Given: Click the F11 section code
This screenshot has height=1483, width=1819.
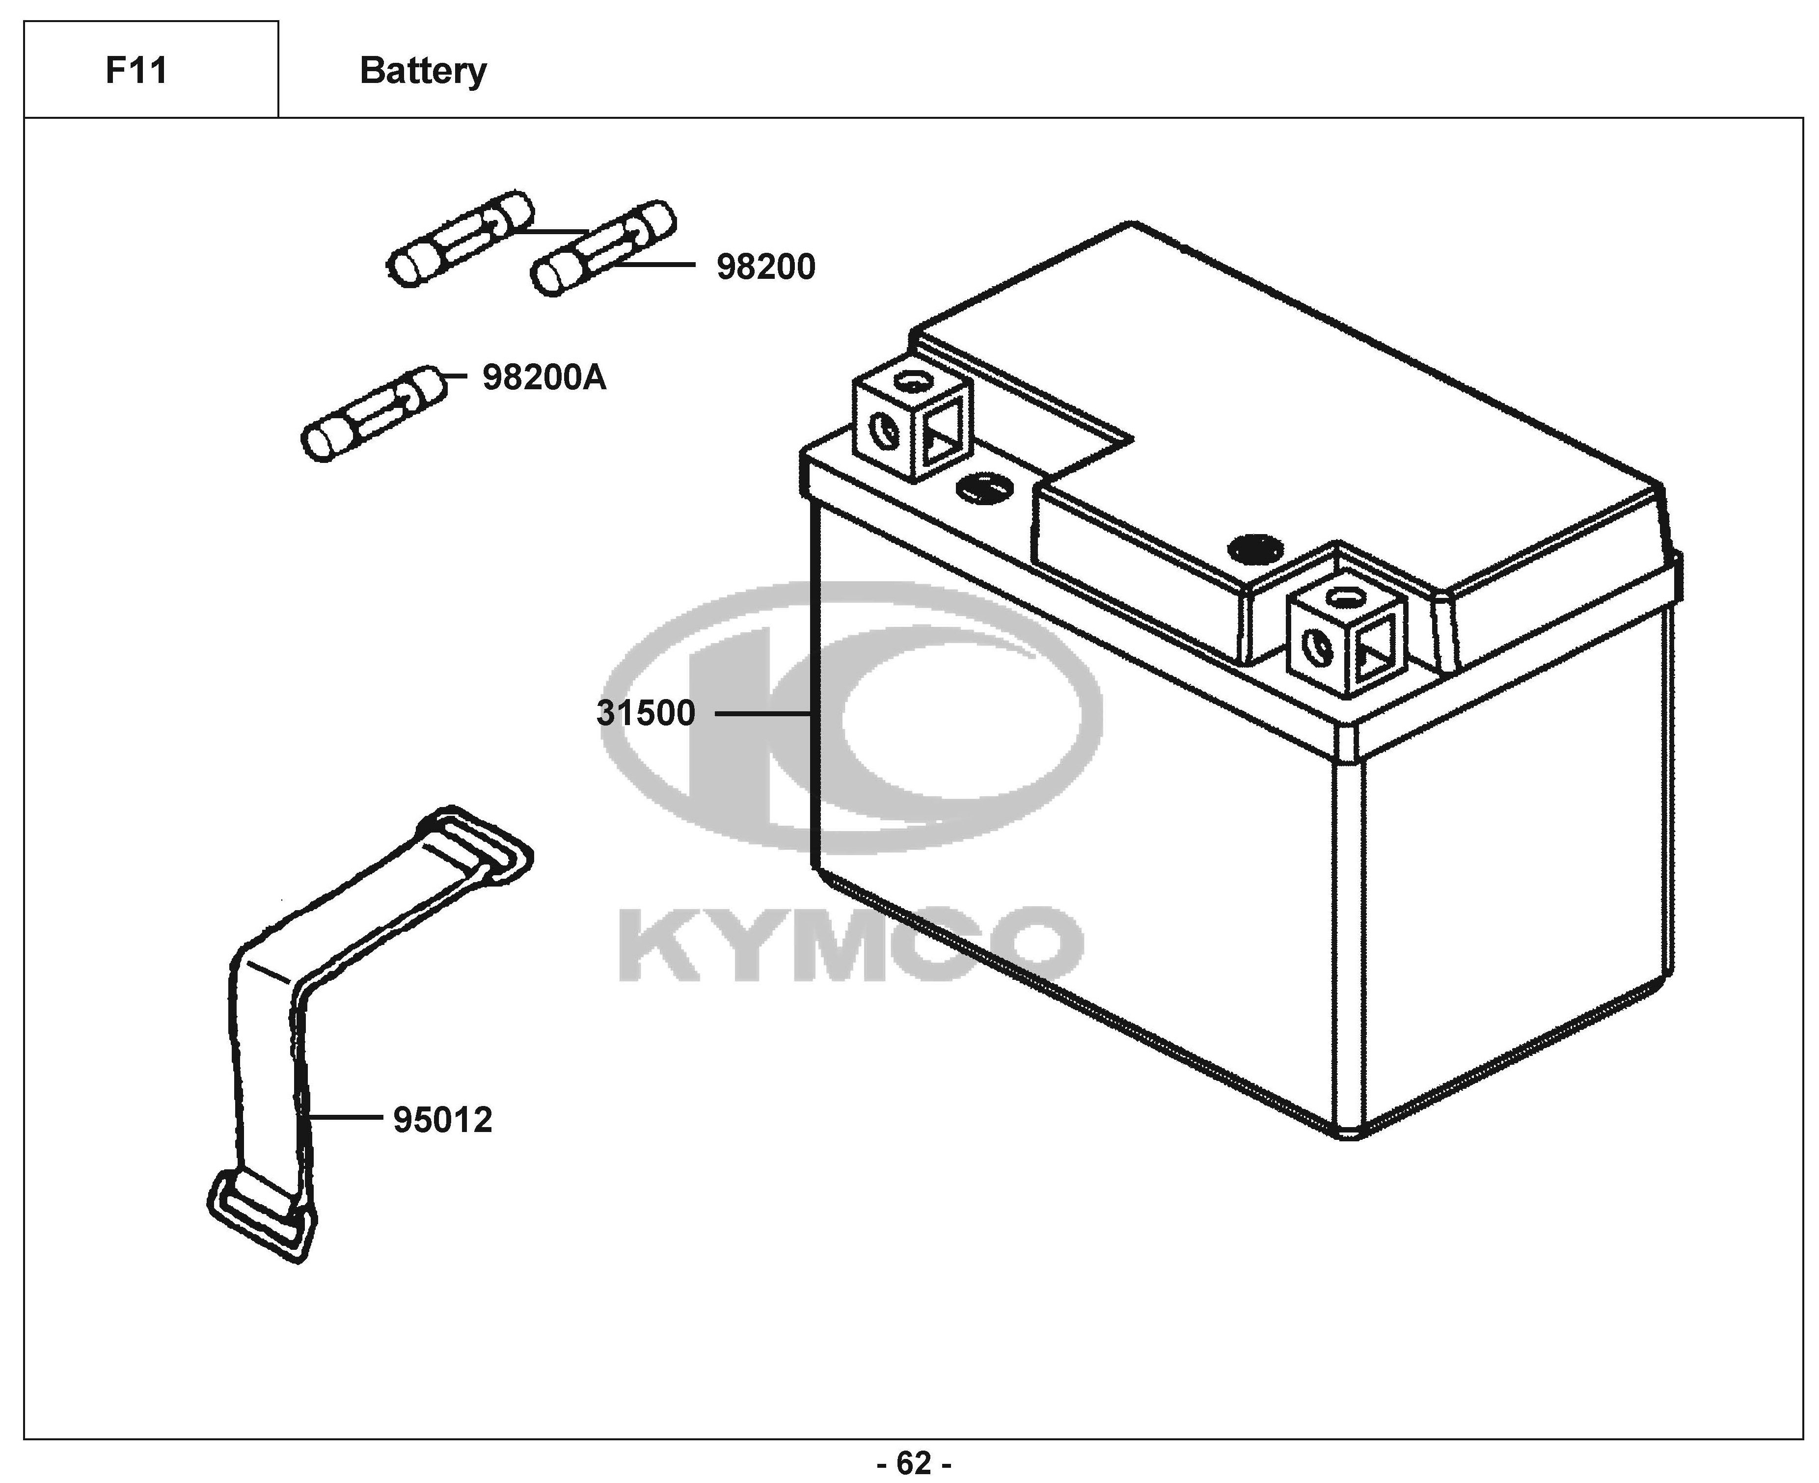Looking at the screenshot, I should click(136, 70).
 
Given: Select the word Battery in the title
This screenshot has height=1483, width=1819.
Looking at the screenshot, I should click(423, 70).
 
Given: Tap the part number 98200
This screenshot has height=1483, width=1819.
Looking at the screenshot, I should click(765, 268).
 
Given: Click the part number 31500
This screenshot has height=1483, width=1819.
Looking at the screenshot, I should click(646, 712).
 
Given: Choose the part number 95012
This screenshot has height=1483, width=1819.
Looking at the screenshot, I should click(442, 1120).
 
